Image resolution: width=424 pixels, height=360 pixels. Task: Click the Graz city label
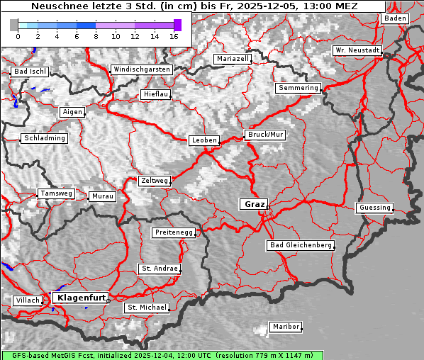click(x=254, y=204)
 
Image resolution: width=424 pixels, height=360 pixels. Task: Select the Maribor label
click(x=286, y=327)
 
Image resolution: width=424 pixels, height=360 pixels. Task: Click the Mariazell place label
click(x=233, y=59)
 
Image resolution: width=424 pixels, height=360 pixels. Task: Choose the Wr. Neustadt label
click(x=357, y=51)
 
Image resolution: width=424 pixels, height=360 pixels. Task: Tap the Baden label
click(x=395, y=18)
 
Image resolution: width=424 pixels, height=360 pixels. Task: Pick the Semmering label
click(x=299, y=88)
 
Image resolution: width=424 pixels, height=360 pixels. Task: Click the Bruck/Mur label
click(x=265, y=135)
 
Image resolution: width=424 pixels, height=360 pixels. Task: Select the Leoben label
click(x=204, y=140)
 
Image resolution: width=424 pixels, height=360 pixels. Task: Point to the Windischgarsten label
click(x=141, y=69)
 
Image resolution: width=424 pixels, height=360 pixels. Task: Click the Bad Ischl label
click(x=30, y=72)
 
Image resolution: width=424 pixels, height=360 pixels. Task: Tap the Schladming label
click(x=45, y=138)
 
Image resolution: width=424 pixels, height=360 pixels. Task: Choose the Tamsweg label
click(x=56, y=193)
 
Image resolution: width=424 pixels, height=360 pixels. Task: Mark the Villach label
click(x=27, y=300)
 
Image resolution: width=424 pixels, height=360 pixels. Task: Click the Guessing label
click(x=374, y=208)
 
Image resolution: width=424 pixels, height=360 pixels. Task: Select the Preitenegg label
click(x=174, y=232)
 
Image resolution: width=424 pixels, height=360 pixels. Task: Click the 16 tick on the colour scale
click(x=174, y=36)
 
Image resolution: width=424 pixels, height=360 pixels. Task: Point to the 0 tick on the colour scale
click(x=18, y=36)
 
